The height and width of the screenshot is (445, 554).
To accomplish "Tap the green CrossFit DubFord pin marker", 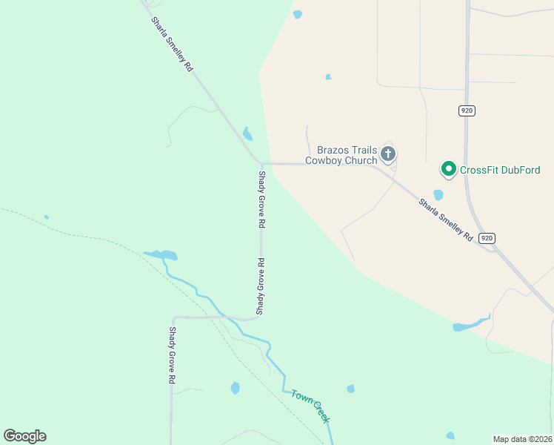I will pos(448,169).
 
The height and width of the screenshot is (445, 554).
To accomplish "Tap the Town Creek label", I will pos(310,406).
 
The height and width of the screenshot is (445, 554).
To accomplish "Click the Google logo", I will pos(24,436).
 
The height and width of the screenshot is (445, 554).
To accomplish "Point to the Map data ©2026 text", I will pos(522,438).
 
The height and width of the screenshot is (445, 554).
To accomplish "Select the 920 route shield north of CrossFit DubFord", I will pos(467,111).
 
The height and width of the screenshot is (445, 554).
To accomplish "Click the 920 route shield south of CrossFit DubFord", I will pos(486,237).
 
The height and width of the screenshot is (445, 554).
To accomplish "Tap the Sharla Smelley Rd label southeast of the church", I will pos(445,220).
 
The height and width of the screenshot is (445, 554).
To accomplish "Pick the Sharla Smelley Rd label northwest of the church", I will pos(172,44).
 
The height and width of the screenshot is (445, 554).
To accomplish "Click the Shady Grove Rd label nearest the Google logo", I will pos(172,355).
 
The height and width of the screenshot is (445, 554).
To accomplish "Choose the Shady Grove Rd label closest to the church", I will pos(261,199).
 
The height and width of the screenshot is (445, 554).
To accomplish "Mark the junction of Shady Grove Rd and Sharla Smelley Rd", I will pos(261,162).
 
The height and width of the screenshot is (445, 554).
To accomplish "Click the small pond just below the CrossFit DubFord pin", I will pos(438,195).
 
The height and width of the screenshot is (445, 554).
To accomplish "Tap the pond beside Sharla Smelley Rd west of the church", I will pos(247,134).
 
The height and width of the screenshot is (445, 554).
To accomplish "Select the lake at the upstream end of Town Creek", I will pos(162,255).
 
